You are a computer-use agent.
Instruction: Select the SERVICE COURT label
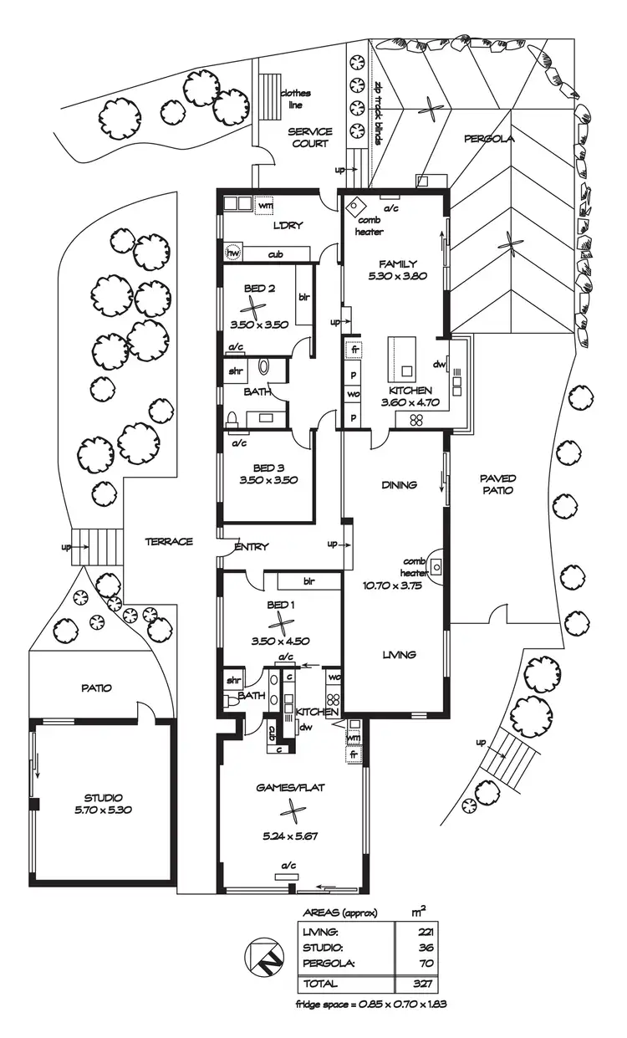[310, 138]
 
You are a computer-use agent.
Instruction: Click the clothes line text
[291, 100]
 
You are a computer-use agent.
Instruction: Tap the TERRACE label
[169, 541]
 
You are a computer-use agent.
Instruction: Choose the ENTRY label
[252, 547]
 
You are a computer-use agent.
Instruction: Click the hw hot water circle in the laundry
[233, 253]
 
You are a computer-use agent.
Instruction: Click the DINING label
[399, 484]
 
